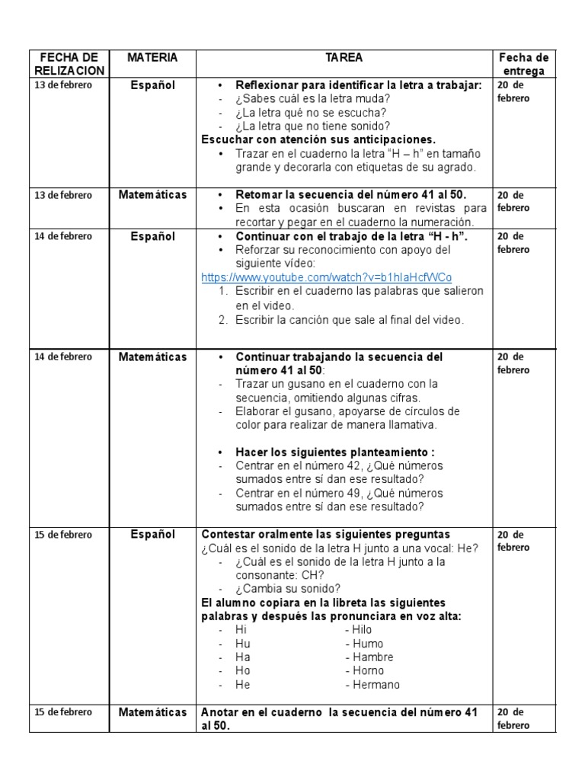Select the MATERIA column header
coord(152,58)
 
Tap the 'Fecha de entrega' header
coord(523,64)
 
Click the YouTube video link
coord(331,277)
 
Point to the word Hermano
coord(376,685)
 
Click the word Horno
coord(368,671)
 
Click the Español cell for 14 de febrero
coord(152,236)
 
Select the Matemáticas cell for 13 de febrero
coord(152,195)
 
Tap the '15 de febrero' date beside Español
coord(63,535)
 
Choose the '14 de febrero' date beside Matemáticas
coord(63,356)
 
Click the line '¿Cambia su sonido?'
coord(288,589)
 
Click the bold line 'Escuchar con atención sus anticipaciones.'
coord(318,139)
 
